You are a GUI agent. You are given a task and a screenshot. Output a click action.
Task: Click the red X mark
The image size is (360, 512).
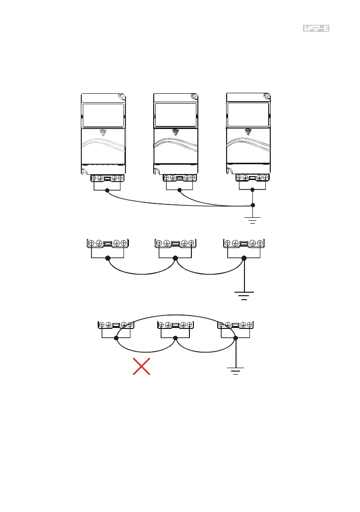[x=141, y=368]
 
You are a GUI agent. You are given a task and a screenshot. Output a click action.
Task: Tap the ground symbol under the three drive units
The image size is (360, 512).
[x=253, y=219]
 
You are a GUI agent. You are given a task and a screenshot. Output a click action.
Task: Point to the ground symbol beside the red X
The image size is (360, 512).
[x=236, y=370]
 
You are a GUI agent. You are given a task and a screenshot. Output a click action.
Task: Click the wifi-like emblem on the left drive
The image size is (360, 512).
[x=103, y=132]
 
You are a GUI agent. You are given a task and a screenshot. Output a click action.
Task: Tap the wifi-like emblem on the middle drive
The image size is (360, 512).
[x=175, y=132]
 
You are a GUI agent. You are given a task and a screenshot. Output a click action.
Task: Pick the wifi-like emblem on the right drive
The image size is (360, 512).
[x=248, y=131]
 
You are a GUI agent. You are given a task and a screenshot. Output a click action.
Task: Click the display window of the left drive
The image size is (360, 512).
[x=103, y=115]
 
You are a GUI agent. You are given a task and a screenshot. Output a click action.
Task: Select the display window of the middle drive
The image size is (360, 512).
[x=175, y=115]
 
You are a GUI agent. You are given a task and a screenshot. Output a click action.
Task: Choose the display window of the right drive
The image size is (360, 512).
[x=248, y=115]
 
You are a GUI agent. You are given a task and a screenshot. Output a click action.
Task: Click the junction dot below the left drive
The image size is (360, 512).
[x=107, y=190]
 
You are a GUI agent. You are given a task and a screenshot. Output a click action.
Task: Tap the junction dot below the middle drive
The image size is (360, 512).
[x=180, y=190]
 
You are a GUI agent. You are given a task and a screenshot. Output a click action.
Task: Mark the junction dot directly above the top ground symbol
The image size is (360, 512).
[x=253, y=204]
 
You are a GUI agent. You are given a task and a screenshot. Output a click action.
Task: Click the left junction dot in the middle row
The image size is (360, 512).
[x=108, y=258]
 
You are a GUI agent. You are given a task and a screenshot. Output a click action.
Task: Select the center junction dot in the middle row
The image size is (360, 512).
[x=175, y=258]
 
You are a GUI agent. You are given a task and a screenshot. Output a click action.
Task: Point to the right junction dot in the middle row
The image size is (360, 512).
[x=243, y=258]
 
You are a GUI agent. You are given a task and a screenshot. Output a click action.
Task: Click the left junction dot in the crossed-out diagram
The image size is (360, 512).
[x=117, y=338]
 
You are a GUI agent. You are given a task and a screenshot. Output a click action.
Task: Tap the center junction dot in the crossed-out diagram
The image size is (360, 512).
[x=176, y=338]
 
